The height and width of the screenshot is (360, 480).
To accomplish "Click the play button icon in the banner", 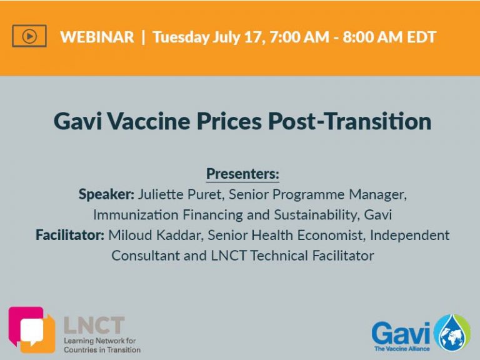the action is pyautogui.click(x=29, y=36).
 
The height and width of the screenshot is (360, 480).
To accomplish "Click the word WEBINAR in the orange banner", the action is pyautogui.click(x=97, y=37).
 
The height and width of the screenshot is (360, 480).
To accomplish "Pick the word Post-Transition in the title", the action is pyautogui.click(x=349, y=121).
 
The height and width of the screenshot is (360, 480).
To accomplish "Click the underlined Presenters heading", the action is pyautogui.click(x=242, y=174).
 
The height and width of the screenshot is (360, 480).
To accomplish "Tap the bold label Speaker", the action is pyautogui.click(x=106, y=194).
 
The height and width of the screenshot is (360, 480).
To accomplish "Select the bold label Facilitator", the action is pyautogui.click(x=70, y=235).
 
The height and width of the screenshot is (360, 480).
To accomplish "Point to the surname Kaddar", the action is pyautogui.click(x=180, y=235).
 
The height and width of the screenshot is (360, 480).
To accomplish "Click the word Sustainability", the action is pyautogui.click(x=316, y=215).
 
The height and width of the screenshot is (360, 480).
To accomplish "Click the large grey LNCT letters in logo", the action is pyautogui.click(x=94, y=325).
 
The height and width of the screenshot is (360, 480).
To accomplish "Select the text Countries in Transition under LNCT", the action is pyautogui.click(x=102, y=349).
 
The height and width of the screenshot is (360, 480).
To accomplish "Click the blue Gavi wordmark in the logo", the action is pyautogui.click(x=401, y=334).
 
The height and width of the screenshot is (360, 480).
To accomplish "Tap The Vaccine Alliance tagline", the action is pyautogui.click(x=402, y=349).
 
